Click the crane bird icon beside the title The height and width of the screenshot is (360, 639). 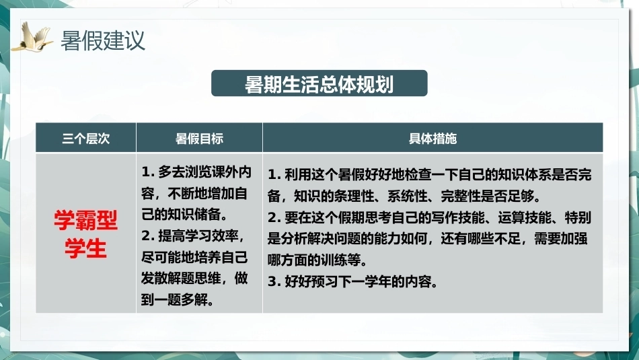[32, 37]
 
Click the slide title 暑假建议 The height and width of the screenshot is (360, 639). [103, 41]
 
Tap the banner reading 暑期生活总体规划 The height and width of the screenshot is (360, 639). [319, 83]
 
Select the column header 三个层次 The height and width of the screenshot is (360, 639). [86, 139]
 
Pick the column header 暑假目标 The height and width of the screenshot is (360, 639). [199, 139]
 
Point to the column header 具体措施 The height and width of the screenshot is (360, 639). [433, 139]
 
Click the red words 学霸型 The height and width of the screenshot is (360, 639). [86, 221]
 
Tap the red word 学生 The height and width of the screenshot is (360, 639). [86, 248]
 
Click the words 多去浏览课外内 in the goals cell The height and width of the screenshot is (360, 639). [204, 172]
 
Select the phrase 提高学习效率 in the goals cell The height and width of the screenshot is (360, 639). [198, 236]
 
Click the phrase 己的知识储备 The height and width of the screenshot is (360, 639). [182, 215]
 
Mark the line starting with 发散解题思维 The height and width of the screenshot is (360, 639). [194, 279]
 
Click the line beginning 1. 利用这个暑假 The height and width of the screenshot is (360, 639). [430, 175]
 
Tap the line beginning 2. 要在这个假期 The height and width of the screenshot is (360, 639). [430, 217]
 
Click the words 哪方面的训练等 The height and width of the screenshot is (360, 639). [314, 260]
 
